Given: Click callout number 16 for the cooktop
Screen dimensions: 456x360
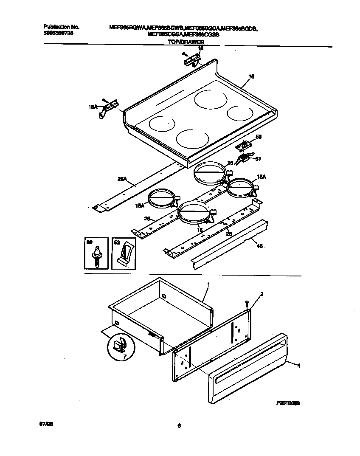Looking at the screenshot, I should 251,77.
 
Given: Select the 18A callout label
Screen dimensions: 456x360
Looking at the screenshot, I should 93,108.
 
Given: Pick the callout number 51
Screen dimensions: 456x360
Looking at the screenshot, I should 257,159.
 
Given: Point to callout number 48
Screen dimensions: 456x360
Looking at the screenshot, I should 260,245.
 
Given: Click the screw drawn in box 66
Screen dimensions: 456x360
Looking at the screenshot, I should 97,257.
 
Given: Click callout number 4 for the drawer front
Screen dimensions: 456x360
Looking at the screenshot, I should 298,365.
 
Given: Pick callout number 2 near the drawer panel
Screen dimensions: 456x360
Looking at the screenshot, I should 262,294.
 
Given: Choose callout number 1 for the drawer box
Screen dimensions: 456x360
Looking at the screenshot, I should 208,284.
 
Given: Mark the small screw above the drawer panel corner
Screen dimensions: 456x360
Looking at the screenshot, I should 246,303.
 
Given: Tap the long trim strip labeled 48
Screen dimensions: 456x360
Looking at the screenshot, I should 229,245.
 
